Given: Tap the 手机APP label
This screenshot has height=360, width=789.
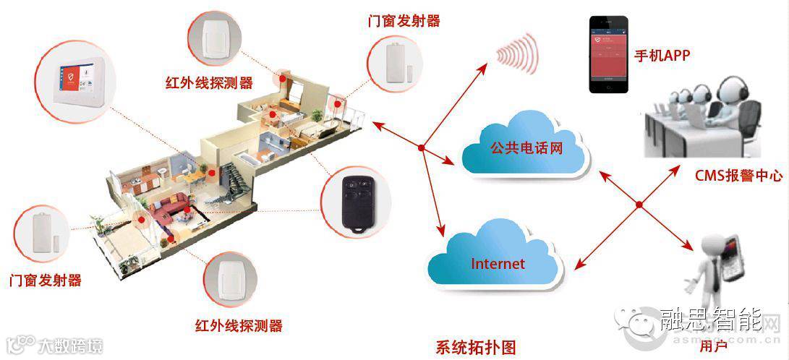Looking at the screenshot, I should (x=662, y=55).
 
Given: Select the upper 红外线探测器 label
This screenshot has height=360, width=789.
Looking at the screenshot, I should (x=210, y=82).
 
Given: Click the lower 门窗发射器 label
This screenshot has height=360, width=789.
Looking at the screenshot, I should (x=45, y=280).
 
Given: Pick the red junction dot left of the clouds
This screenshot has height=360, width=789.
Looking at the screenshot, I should (x=421, y=148).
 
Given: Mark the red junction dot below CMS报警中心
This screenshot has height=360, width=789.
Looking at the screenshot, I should (x=639, y=206).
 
